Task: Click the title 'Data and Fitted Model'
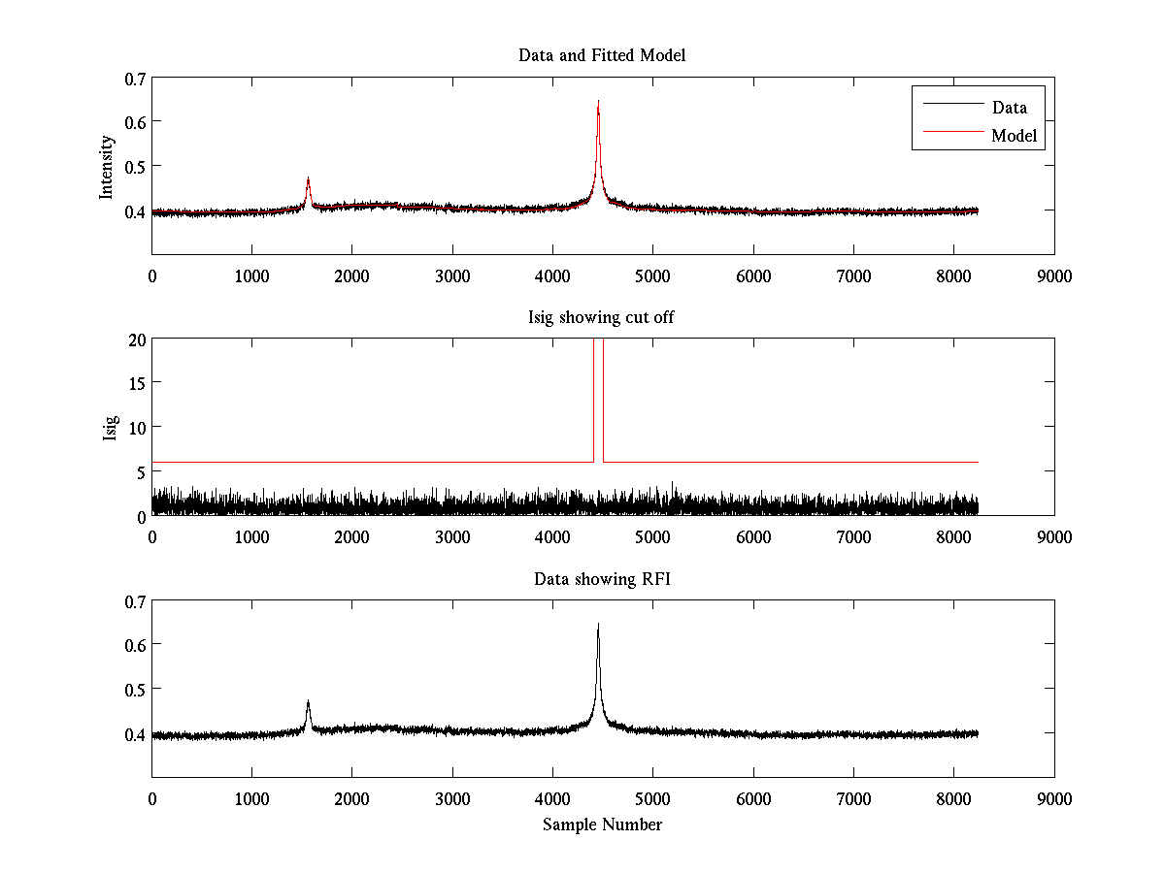coord(602,55)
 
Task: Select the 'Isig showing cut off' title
coord(602,317)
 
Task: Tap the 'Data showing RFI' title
coord(602,579)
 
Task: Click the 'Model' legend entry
coord(1015,136)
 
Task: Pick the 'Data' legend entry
coord(1010,108)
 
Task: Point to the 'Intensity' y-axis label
coord(108,167)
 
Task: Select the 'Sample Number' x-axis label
coord(602,824)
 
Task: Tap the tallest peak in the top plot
coord(598,102)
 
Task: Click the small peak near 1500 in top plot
coord(308,178)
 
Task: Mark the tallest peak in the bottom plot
coord(598,626)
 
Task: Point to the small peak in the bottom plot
coord(308,701)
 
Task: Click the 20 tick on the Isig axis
coord(135,339)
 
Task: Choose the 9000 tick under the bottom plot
coord(1054,798)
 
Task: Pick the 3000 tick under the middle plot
coord(452,536)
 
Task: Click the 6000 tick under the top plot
coord(753,275)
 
